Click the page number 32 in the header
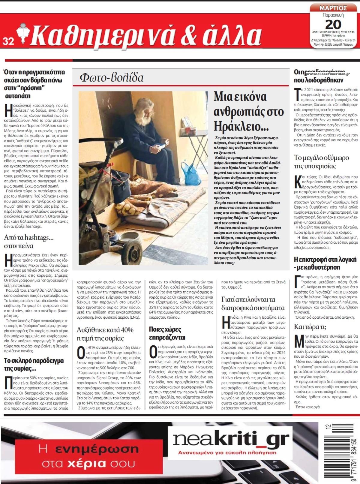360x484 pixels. point(8,42)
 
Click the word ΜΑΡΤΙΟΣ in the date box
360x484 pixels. point(333,8)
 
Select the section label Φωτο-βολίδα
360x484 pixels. point(112,77)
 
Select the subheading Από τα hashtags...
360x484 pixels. point(29,237)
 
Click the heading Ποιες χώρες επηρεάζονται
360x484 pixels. point(165,333)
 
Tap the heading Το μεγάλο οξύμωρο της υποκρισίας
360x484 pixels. point(321,161)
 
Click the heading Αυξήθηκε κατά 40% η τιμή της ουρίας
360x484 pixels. point(105,334)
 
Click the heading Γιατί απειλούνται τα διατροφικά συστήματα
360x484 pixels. point(253,303)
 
